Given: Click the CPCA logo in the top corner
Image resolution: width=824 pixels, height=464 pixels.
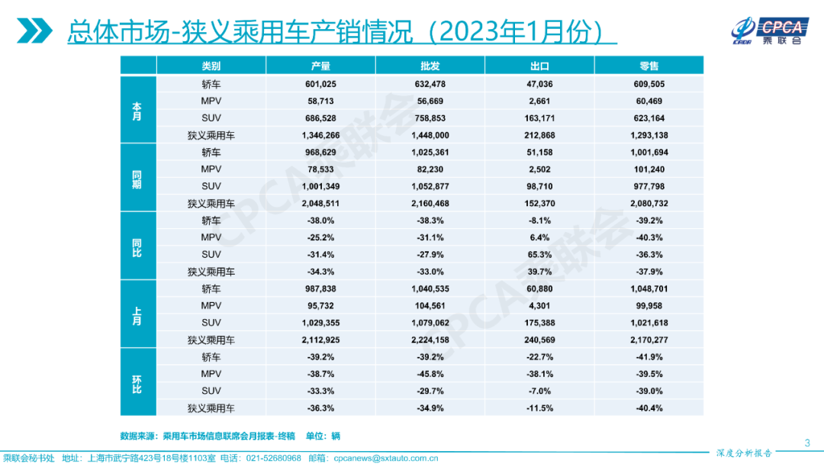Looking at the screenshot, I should click(768, 30).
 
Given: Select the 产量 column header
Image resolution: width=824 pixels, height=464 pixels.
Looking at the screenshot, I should click(321, 66).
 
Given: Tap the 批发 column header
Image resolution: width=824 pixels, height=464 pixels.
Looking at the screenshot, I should click(430, 66).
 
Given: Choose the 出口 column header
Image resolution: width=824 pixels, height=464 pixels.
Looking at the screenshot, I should click(539, 66).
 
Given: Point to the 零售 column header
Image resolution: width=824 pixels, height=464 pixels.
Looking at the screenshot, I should click(649, 66).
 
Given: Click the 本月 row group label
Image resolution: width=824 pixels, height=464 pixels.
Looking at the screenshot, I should click(137, 110).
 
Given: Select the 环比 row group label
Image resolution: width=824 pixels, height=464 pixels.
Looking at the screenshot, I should click(137, 383).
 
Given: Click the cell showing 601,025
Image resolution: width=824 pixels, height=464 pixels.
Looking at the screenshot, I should click(321, 84).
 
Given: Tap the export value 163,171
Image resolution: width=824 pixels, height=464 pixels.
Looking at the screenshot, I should click(539, 118).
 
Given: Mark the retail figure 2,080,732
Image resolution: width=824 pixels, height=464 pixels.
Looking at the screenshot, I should click(649, 204).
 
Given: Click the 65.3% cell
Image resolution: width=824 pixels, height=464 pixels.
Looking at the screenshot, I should click(539, 255).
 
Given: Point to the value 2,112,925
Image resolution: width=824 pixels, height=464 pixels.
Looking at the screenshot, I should click(321, 340).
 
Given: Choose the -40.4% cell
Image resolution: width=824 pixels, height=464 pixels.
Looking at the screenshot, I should click(649, 408).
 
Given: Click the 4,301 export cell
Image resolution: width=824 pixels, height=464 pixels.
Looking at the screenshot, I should click(539, 306).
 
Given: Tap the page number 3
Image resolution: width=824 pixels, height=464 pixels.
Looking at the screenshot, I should click(807, 443).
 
